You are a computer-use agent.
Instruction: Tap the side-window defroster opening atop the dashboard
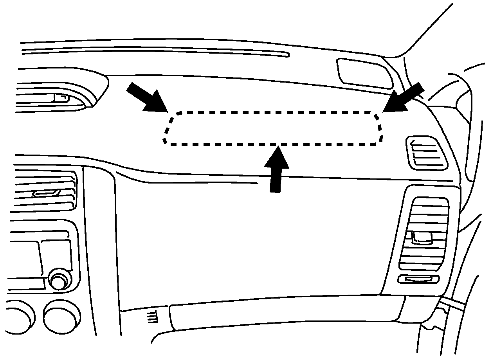(x=364, y=72)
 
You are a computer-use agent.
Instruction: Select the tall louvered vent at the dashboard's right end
(x=424, y=235)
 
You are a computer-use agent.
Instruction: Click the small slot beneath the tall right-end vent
(x=418, y=279)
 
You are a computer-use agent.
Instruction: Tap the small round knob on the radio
(x=59, y=280)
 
